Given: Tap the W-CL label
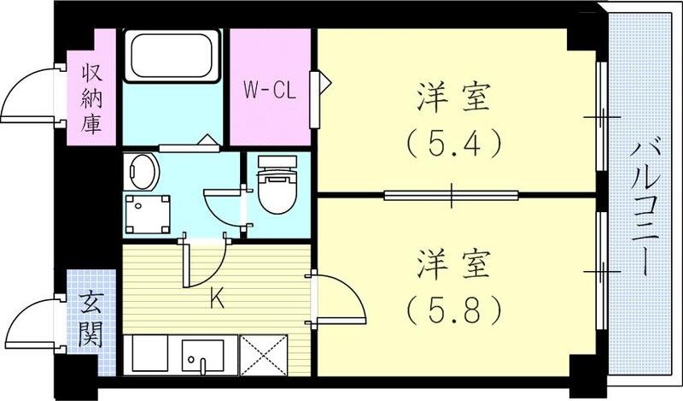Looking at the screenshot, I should (269, 90).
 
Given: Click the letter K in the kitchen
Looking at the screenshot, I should (217, 300).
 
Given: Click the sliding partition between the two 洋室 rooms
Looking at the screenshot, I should (452, 195).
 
